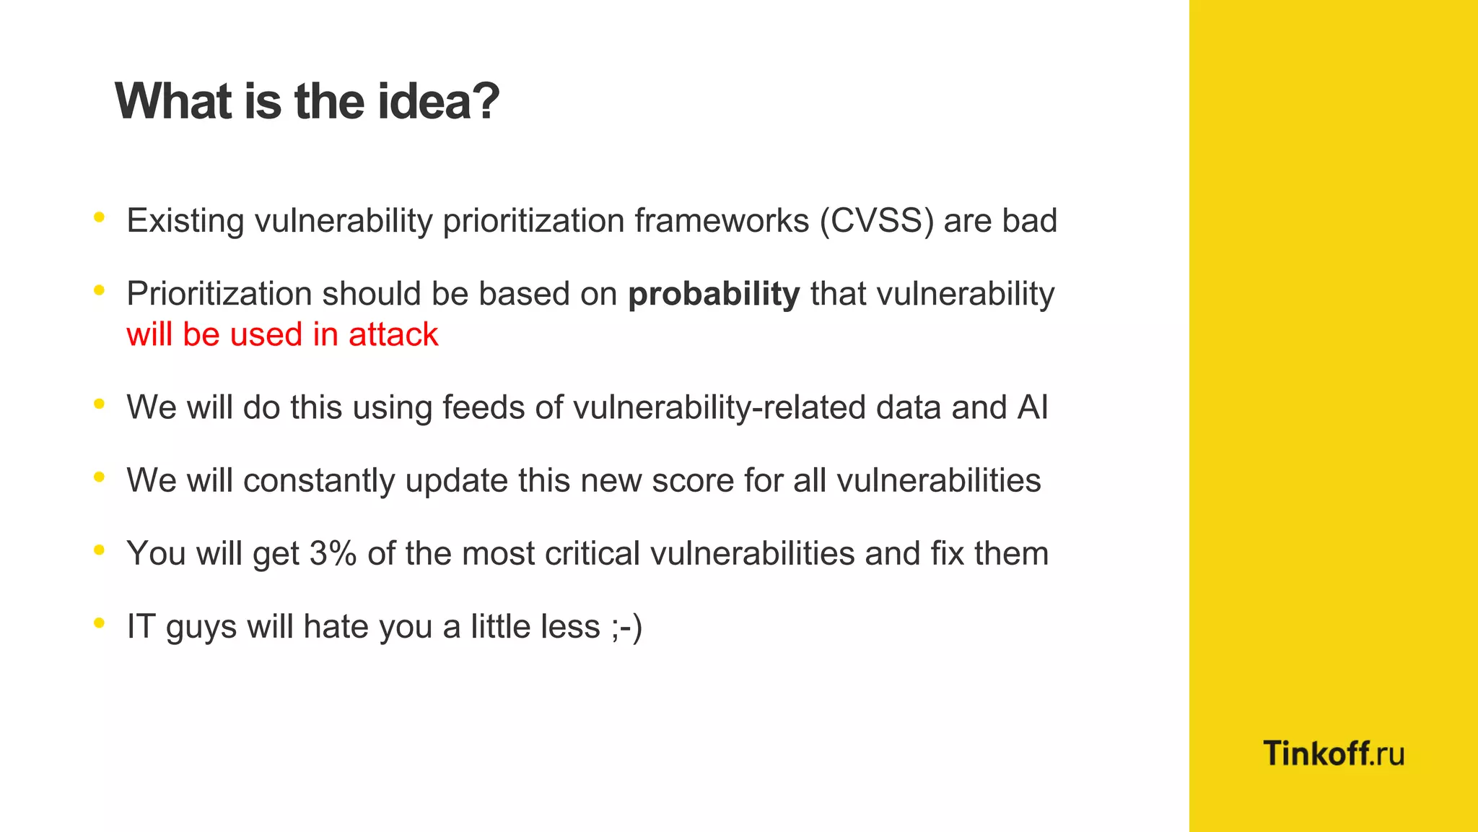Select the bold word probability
[713, 294]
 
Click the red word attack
[393, 334]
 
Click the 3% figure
[333, 554]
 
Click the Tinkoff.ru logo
[1333, 753]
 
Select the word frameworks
[722, 220]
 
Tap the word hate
[336, 627]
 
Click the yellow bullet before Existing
[99, 217]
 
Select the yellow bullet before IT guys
[99, 623]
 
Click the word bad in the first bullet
[1028, 220]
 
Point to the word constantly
[319, 481]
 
